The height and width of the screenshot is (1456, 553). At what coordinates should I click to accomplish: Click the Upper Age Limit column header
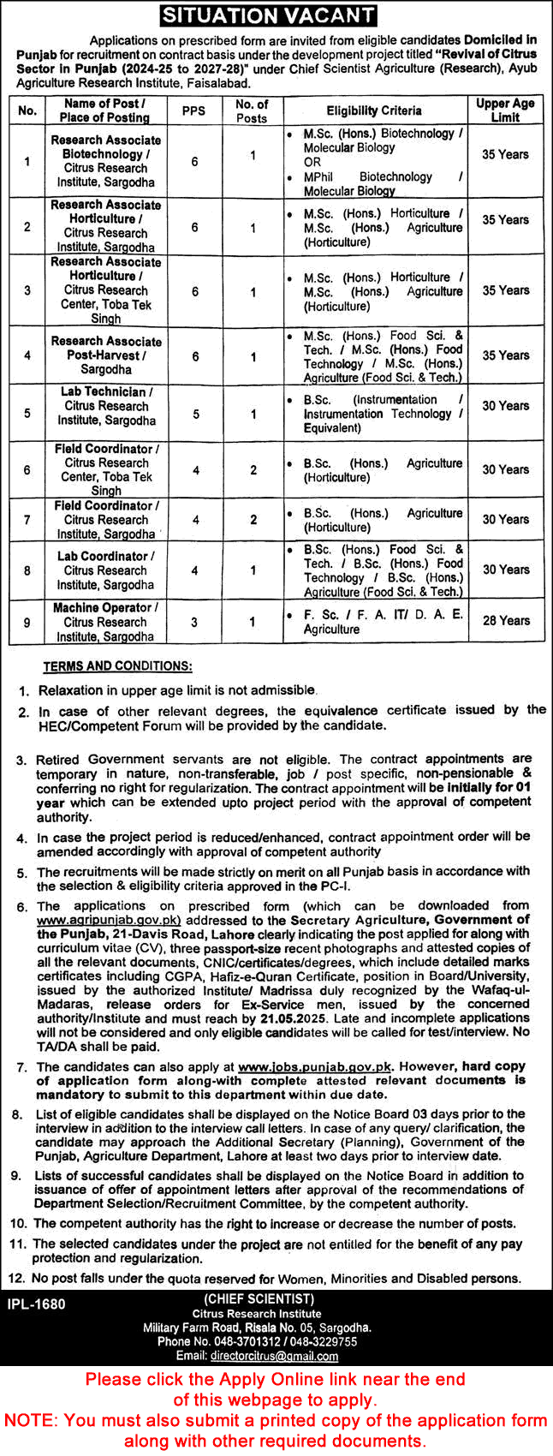(x=505, y=110)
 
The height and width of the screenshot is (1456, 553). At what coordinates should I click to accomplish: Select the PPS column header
(x=194, y=110)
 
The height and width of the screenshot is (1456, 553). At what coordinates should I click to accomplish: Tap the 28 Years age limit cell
(x=505, y=620)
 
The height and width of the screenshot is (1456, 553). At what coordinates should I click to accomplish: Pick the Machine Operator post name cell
(x=105, y=622)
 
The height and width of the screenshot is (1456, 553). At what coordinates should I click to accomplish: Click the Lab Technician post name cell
(x=105, y=406)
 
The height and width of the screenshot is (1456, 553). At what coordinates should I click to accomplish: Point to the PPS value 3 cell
(x=194, y=622)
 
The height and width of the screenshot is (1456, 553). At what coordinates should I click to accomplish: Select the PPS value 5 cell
(x=194, y=413)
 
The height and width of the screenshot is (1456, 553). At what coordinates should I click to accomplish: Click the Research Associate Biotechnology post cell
(x=105, y=161)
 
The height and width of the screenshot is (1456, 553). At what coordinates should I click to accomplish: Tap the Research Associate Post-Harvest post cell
(x=105, y=355)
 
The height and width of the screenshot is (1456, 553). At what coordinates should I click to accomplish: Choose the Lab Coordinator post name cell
(x=105, y=570)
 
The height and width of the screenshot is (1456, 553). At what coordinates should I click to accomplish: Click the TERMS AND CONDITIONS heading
(x=118, y=665)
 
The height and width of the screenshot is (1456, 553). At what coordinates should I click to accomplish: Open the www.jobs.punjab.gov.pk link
(x=315, y=1066)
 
